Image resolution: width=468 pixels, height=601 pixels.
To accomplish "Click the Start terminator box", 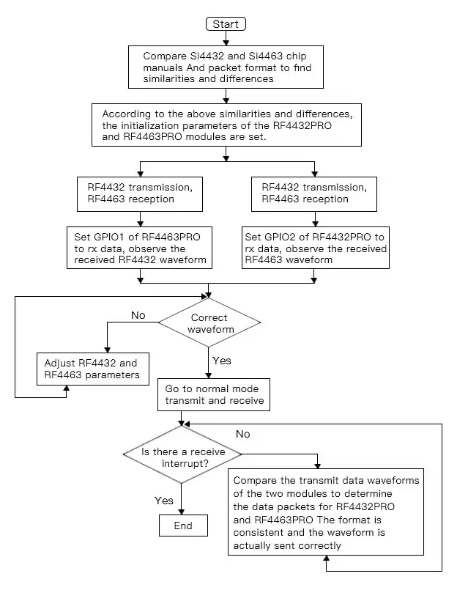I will [x=226, y=23].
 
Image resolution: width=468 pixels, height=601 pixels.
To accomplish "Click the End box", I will [x=183, y=526].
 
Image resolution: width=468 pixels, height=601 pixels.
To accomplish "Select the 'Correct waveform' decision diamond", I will [x=209, y=323].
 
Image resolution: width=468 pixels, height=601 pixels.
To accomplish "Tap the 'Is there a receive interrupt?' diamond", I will [x=183, y=458].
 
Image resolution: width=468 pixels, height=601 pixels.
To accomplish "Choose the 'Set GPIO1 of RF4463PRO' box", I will [x=139, y=248].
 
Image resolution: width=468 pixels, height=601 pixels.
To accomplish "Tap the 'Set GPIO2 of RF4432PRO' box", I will [x=315, y=248].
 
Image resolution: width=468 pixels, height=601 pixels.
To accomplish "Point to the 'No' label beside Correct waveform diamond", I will [x=138, y=316].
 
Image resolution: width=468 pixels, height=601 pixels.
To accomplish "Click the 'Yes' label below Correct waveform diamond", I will [x=221, y=361].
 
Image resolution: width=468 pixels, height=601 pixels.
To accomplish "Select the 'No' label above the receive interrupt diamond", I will [x=242, y=434].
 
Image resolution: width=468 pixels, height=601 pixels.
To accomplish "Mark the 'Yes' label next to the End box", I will [x=164, y=501].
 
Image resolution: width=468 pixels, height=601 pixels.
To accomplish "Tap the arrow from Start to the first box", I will [x=226, y=39].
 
